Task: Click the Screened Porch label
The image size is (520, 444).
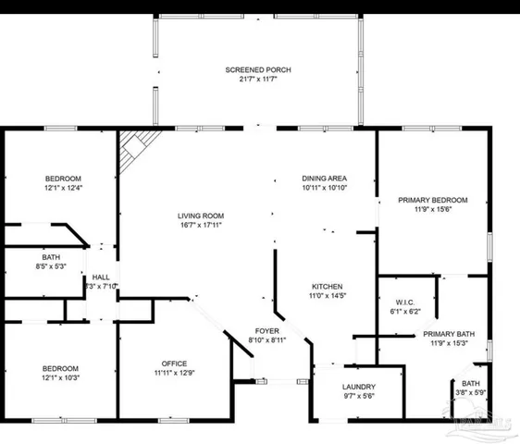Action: [251, 70]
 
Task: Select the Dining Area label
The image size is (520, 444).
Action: [324, 178]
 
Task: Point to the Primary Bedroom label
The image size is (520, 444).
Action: [432, 200]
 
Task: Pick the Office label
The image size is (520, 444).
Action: [174, 363]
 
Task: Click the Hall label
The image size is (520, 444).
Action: [100, 277]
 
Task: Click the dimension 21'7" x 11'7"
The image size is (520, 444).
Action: [251, 80]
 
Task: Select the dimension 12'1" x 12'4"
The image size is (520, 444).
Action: [64, 189]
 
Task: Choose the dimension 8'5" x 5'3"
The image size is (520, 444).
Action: [51, 267]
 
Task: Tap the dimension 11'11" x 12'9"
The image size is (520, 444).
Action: [174, 373]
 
